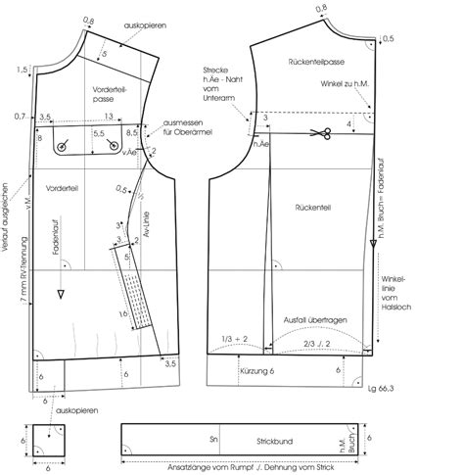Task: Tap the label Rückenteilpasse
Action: (x=314, y=62)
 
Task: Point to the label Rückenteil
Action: (x=310, y=208)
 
